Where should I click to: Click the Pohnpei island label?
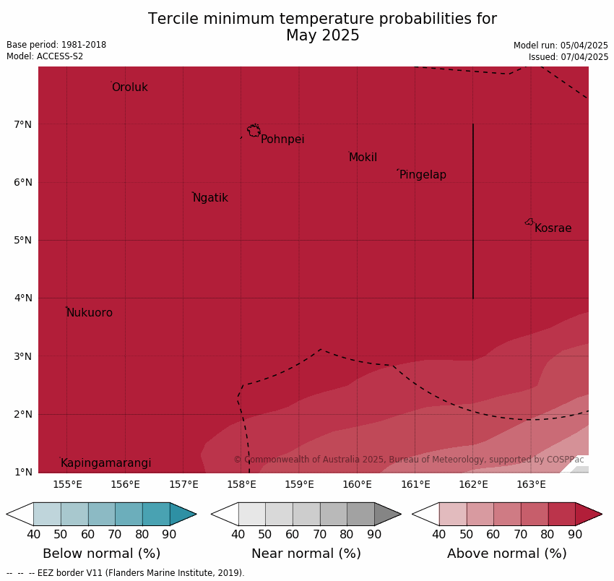tap(282, 139)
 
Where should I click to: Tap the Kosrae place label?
tap(553, 228)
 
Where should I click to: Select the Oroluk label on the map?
tap(129, 87)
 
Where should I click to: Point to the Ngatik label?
tap(210, 198)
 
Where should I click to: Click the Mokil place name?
tap(363, 158)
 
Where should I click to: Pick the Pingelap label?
tap(423, 175)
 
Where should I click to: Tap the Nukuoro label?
tap(90, 313)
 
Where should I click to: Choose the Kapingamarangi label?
tap(105, 463)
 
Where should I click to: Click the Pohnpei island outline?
tap(254, 131)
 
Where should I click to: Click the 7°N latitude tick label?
tap(23, 124)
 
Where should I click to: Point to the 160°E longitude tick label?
tap(357, 484)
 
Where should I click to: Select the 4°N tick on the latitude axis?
tap(23, 298)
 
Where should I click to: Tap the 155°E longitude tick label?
tap(67, 484)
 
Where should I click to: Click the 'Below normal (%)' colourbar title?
tap(101, 554)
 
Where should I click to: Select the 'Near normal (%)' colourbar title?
tap(306, 554)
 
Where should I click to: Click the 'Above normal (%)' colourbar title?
tap(506, 554)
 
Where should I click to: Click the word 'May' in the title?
tap(303, 35)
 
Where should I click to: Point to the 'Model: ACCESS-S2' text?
tap(45, 56)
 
